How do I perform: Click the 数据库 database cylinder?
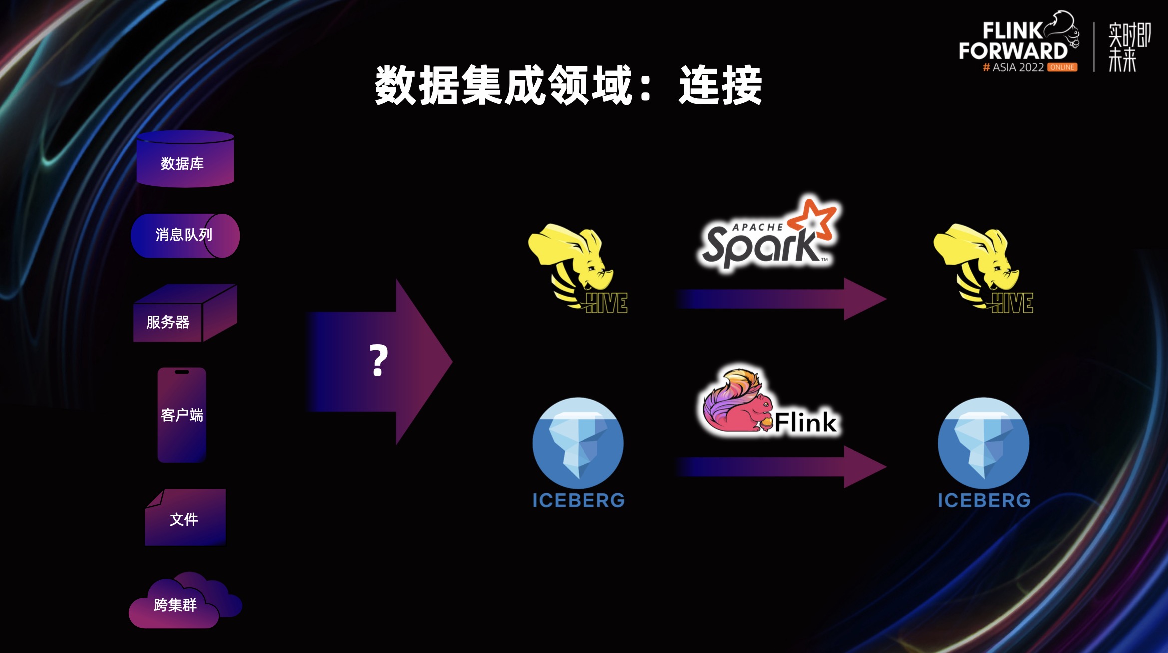point(185,160)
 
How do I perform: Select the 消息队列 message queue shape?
point(185,235)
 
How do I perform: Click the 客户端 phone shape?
point(182,415)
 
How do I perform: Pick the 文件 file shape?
point(185,518)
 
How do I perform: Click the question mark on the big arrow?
point(378,361)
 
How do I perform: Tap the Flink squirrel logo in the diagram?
point(769,402)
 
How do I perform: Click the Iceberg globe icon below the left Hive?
point(578,442)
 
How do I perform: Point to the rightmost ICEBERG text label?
point(984,500)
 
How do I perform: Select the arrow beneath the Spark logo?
point(779,299)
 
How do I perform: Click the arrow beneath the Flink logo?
point(779,467)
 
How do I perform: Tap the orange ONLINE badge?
point(1062,67)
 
